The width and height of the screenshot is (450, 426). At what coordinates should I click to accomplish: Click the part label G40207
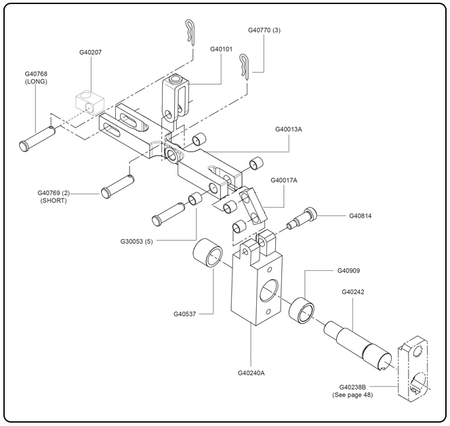[90, 51]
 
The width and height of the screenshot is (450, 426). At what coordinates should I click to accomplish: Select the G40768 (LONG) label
[36, 77]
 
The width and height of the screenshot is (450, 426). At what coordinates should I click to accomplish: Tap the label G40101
[221, 49]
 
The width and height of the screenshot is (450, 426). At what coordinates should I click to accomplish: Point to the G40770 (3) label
[264, 30]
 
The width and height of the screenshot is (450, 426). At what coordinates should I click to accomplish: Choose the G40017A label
[284, 181]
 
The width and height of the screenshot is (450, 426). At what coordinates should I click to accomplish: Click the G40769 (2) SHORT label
[54, 196]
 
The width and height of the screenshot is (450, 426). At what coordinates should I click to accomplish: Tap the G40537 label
[186, 314]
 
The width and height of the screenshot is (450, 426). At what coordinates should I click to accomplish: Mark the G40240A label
[251, 372]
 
